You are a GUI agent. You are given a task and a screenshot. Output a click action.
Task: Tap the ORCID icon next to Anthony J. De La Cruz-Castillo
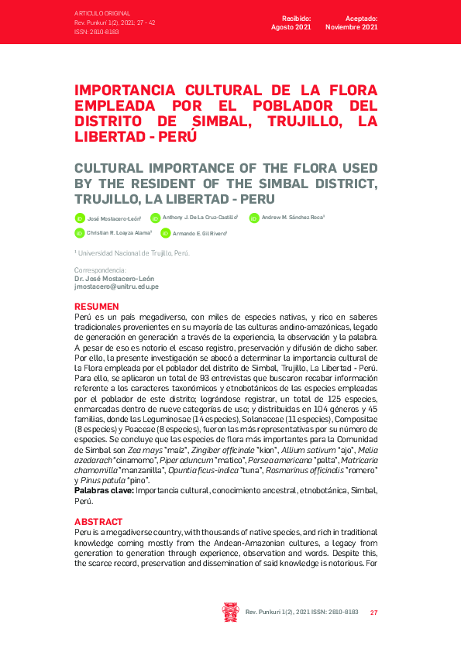click(x=155, y=218)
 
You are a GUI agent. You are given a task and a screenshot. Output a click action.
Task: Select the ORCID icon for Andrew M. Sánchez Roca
click(x=254, y=218)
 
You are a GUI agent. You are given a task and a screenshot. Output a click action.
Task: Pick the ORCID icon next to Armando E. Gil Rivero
click(x=165, y=232)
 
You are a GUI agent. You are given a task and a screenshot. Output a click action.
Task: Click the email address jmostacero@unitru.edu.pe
click(x=116, y=287)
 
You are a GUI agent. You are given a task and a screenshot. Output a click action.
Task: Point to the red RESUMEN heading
click(x=97, y=307)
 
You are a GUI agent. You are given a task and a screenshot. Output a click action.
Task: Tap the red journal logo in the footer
click(x=230, y=612)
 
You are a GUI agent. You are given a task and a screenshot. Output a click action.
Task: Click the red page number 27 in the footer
click(x=373, y=612)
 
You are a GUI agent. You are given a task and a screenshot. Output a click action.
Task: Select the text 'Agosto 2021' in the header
click(x=291, y=27)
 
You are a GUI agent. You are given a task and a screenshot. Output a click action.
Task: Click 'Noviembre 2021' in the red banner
click(x=352, y=27)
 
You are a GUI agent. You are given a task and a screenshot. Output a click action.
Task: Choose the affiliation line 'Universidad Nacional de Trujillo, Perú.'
click(x=132, y=253)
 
